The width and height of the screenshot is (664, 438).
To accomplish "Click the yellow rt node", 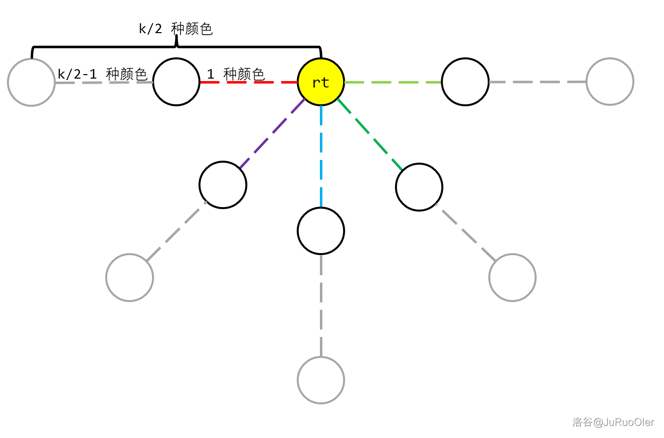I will point(321,82).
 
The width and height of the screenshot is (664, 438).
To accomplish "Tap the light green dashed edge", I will point(392,82).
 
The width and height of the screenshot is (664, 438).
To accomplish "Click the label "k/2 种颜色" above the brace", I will point(176,29).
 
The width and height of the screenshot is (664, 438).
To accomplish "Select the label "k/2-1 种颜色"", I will point(103,75).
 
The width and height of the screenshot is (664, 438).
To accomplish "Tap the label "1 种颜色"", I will point(236,75).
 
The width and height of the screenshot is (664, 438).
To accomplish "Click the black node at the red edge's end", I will point(176,82).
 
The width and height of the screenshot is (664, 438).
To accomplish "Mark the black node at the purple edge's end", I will point(223,185).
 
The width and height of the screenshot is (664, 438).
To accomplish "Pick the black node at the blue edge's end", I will point(321,231).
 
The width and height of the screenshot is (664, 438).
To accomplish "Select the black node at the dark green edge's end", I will point(419,187).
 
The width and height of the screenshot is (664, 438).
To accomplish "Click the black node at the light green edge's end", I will point(465,82).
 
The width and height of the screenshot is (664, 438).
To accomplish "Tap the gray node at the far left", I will point(31,83).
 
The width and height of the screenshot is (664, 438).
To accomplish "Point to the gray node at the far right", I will point(610,82).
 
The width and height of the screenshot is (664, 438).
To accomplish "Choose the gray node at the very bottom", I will point(321,380).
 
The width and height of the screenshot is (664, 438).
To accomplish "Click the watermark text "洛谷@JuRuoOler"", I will point(613,422).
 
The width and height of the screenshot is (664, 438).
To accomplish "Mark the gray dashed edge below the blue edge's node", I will point(321,305).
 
